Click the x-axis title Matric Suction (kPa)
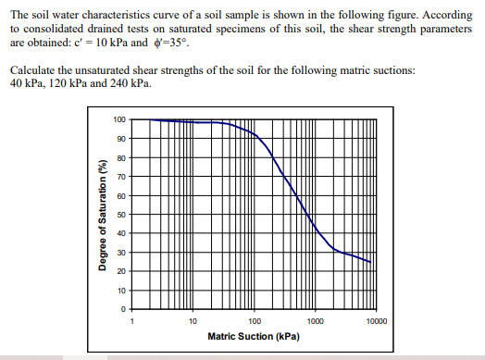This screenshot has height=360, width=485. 253,337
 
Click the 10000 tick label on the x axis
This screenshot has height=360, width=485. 376,321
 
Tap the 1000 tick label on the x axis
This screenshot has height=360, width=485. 315,321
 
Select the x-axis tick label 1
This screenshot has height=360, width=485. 131,321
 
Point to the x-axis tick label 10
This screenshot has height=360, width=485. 192,321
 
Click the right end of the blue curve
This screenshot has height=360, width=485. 371,262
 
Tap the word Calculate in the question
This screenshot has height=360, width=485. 33,71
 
